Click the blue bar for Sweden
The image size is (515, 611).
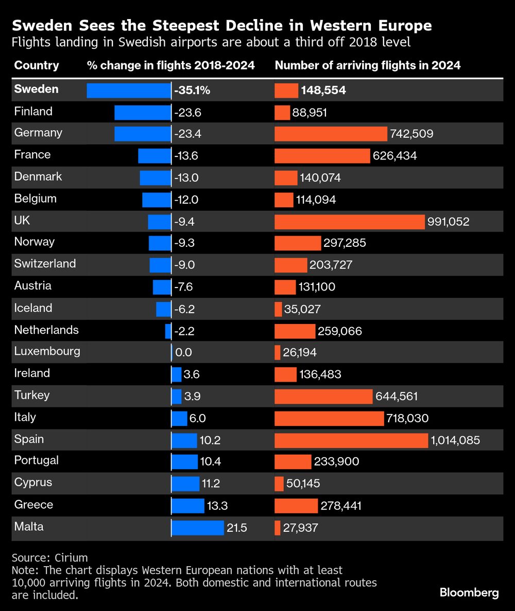[x=129, y=91]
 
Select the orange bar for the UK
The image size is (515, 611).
[x=350, y=222]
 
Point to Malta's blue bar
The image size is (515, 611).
[x=198, y=528]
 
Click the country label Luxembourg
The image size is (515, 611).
[x=47, y=352]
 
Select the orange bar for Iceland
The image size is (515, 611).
[x=278, y=309]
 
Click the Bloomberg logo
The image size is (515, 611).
[x=469, y=592]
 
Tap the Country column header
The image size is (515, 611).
[x=37, y=66]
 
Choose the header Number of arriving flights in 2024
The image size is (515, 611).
[x=368, y=66]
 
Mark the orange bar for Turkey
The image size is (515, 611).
[x=323, y=397]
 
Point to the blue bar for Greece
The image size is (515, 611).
[x=188, y=506]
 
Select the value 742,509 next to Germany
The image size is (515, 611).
[x=411, y=134]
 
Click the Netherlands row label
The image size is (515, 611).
[x=46, y=330]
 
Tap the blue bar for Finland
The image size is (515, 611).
[x=142, y=112]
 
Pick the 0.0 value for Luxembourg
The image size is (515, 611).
[x=183, y=353]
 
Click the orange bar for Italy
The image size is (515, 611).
[x=329, y=418]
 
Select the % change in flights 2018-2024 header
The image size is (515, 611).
[x=171, y=66]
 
